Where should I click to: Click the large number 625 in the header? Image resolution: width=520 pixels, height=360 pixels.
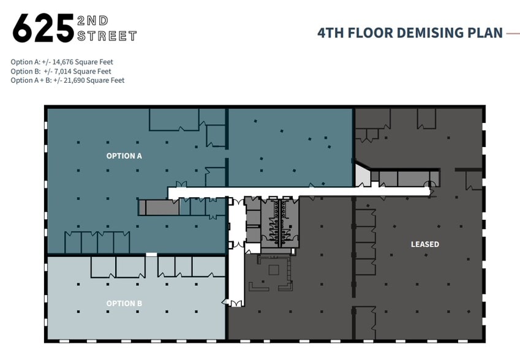43,28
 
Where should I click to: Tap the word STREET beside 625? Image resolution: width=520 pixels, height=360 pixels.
107,37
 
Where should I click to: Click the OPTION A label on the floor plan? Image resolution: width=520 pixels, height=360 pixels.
124,156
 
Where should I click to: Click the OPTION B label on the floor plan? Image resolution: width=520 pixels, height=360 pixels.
124,304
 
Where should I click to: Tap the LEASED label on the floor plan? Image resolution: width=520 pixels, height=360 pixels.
424,244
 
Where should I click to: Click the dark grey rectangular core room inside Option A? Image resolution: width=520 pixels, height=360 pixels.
159,208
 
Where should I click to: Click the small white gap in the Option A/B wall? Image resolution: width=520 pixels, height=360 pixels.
151,254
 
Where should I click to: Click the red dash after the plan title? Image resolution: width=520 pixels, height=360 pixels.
513,33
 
